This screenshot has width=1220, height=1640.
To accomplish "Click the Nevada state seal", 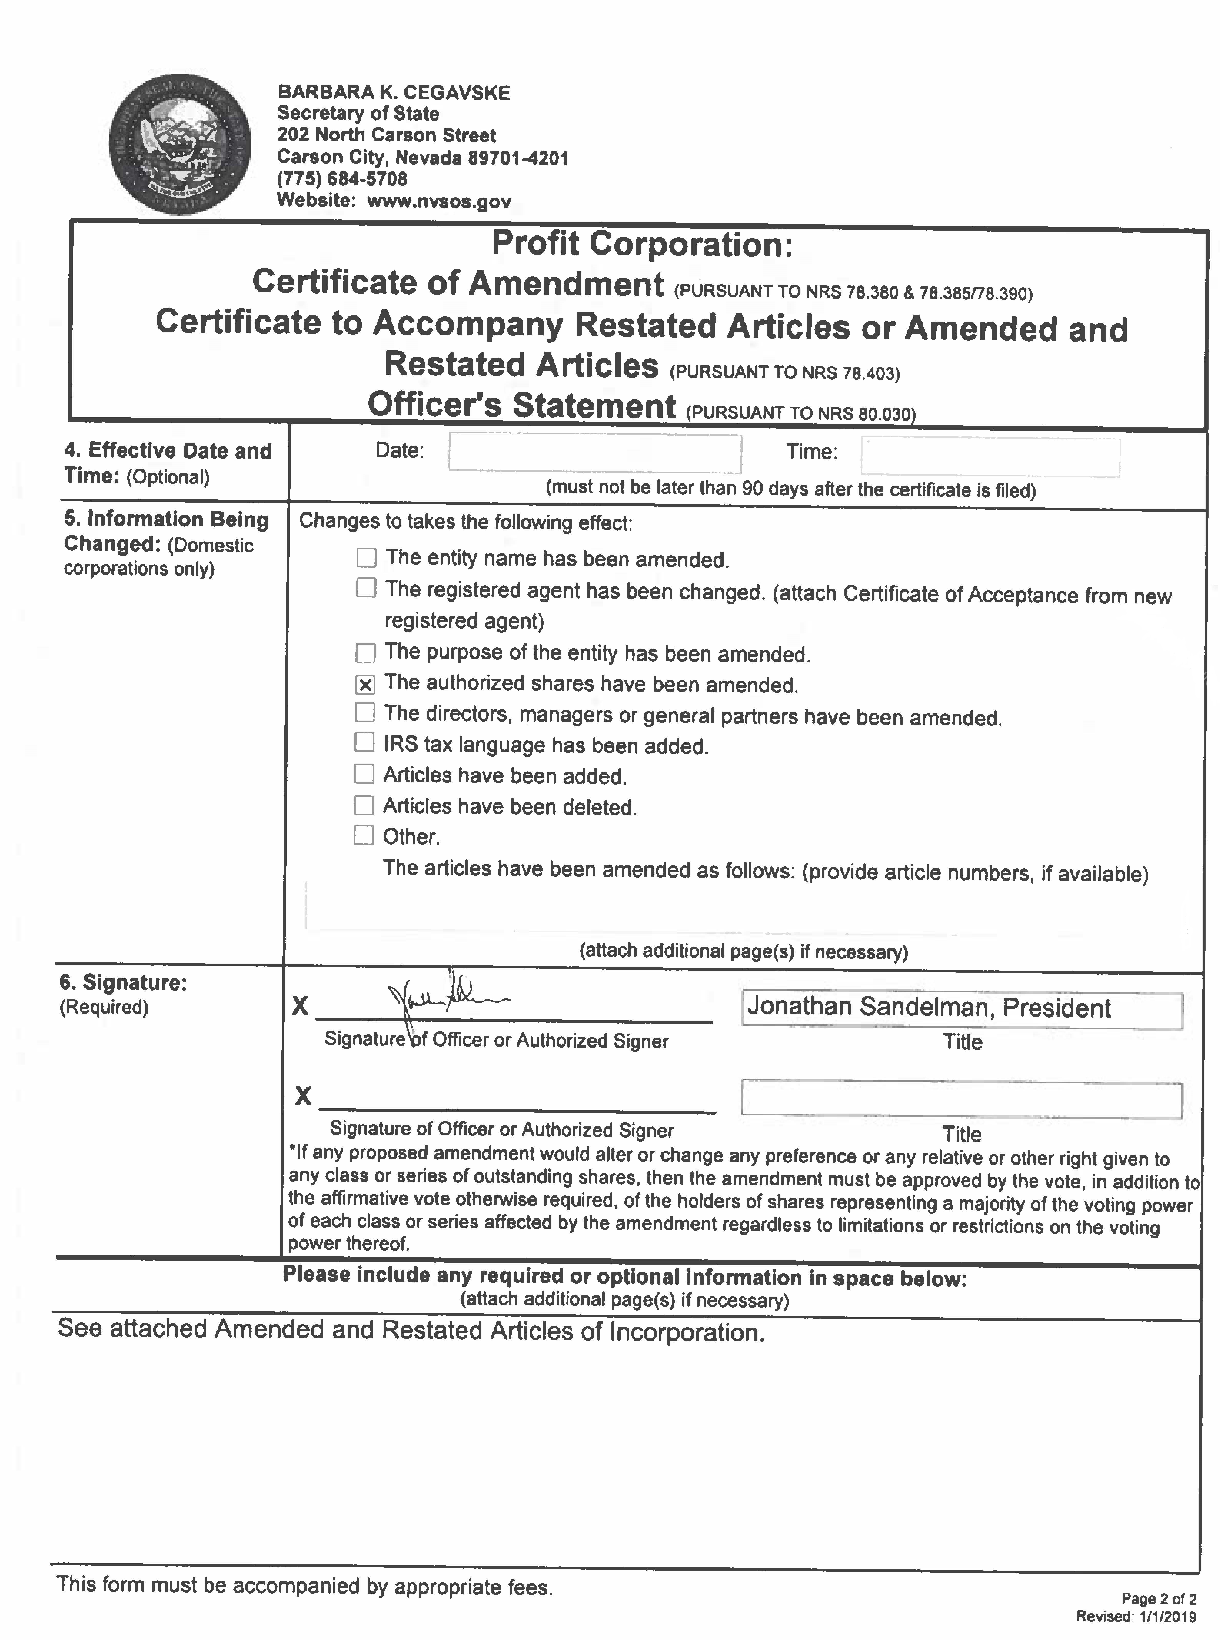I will click(x=179, y=144).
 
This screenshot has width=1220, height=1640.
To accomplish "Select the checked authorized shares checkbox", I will click(x=365, y=684).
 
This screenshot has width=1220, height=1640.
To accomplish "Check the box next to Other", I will click(x=363, y=835).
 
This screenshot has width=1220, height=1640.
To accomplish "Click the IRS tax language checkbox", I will click(x=364, y=741).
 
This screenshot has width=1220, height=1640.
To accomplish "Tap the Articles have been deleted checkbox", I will click(x=364, y=804).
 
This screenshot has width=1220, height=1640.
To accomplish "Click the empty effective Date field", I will click(x=594, y=453).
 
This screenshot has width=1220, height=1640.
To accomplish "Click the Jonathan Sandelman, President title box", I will click(x=962, y=1009).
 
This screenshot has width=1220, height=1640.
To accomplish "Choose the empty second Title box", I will click(x=962, y=1100).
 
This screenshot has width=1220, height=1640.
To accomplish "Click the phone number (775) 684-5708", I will click(x=342, y=179).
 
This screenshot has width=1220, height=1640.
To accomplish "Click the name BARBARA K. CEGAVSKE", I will click(x=394, y=92).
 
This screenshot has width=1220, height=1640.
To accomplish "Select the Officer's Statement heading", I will click(x=521, y=405).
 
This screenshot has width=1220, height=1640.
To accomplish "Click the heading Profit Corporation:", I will click(x=642, y=244).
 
